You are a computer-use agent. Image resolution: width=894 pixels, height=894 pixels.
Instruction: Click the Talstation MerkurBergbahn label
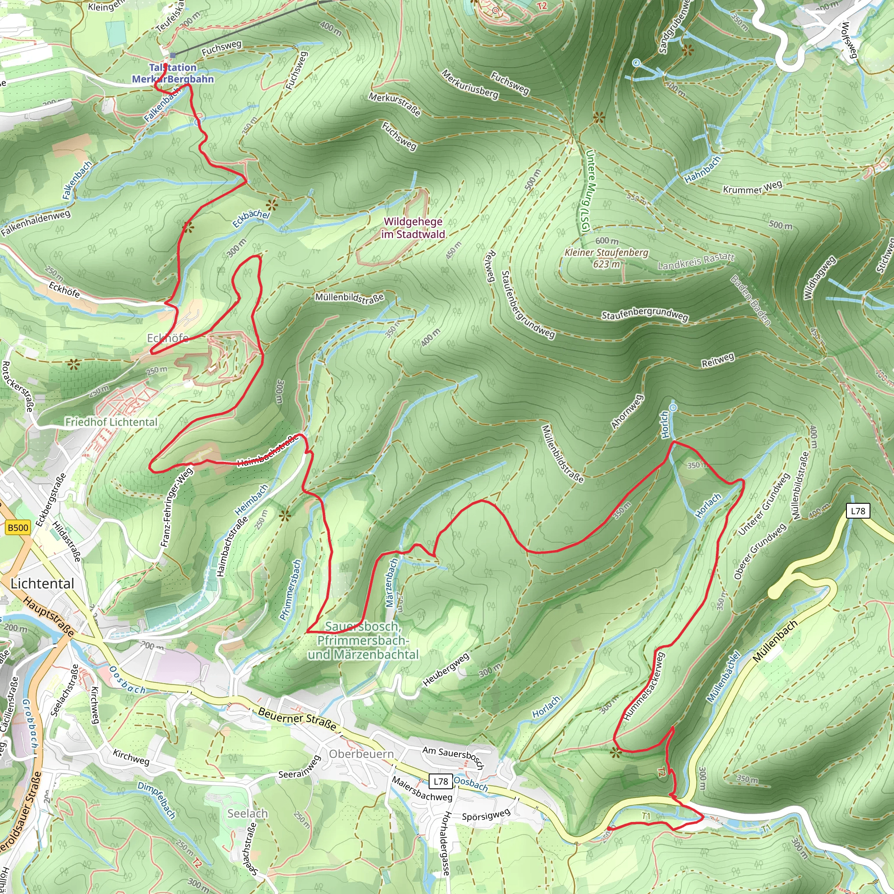[x=172, y=73]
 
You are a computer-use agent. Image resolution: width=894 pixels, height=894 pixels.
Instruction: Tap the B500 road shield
[x=18, y=527]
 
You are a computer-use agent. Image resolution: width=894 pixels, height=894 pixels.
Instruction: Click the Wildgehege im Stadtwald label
[x=413, y=228]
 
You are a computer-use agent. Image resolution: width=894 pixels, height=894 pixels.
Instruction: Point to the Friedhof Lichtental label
[x=111, y=422]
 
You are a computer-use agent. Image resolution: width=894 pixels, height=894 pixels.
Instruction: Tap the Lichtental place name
[x=42, y=584]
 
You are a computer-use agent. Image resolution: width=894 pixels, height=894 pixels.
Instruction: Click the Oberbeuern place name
[x=361, y=754]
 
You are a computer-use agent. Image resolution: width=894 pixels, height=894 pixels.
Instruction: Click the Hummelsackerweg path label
[x=644, y=686]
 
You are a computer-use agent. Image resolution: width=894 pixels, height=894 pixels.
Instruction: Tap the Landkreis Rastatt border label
[x=696, y=261]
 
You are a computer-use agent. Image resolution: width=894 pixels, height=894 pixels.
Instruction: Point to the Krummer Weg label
[x=753, y=187]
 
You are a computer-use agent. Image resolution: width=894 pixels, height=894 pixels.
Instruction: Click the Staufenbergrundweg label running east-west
[x=645, y=315]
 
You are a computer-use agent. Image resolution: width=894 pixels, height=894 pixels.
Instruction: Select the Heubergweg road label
[x=446, y=670]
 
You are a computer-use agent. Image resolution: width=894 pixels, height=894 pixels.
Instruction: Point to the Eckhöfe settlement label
[x=168, y=338]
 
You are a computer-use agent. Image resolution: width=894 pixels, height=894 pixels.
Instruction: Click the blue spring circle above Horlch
[x=673, y=407]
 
